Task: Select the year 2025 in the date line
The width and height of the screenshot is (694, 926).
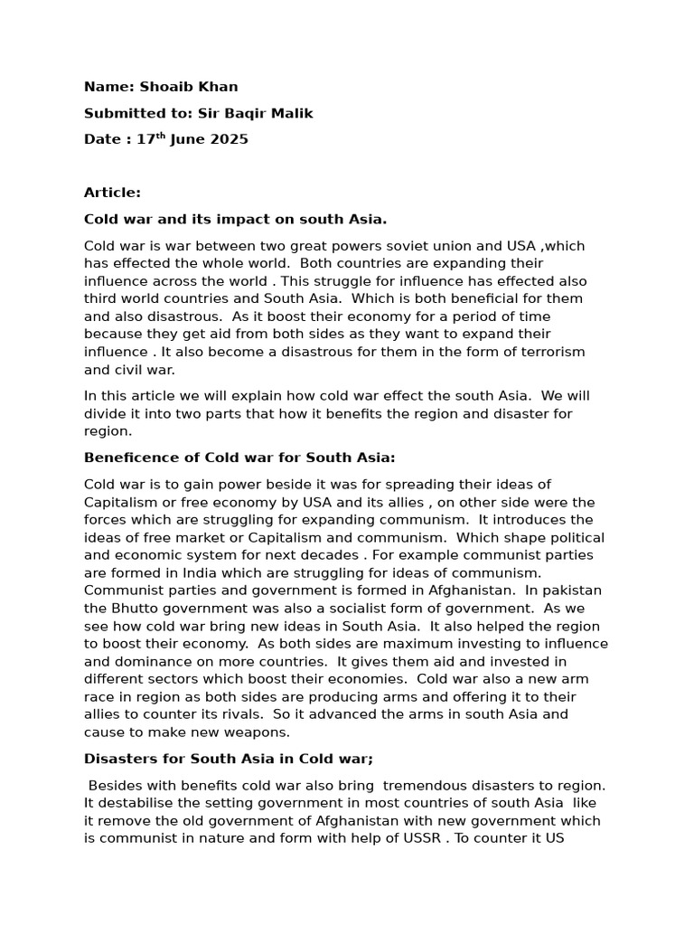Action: (x=230, y=139)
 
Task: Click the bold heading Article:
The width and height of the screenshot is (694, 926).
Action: (x=112, y=192)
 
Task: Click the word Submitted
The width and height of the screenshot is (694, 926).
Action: (x=121, y=113)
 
